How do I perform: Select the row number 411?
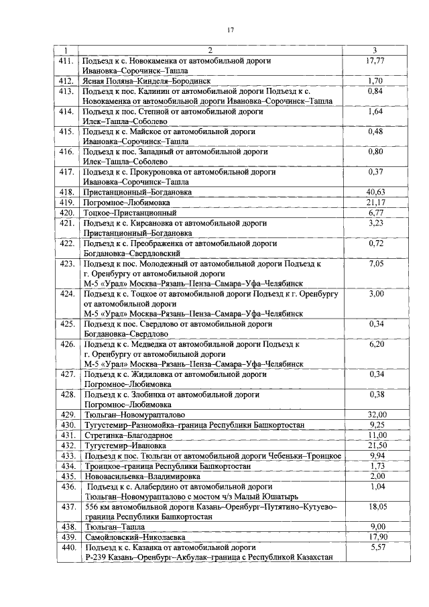(66, 60)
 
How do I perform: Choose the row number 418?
(66, 192)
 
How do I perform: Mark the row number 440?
(66, 547)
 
